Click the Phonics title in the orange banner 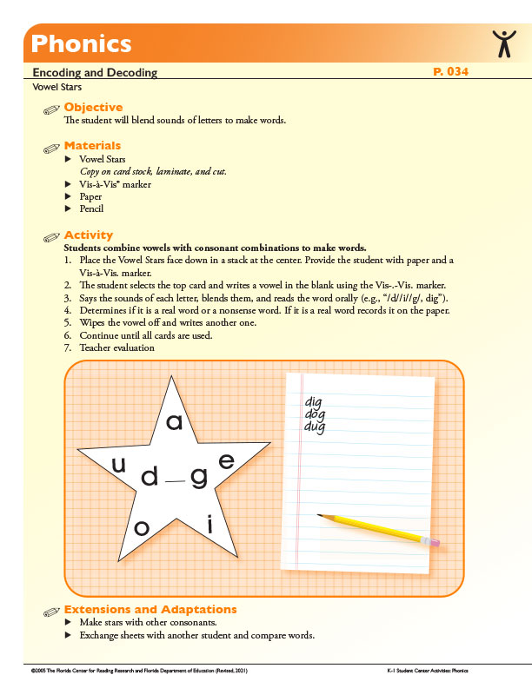point(81,43)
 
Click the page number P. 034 point(450,72)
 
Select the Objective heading point(93,108)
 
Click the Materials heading point(92,146)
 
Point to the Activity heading point(89,235)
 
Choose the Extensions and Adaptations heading point(150,610)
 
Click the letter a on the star point(174,423)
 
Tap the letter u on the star point(118,466)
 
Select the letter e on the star point(226,462)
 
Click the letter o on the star point(142,528)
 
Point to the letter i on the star point(209,523)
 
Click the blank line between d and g point(175,480)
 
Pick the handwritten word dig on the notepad point(314,403)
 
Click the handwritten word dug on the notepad point(315,427)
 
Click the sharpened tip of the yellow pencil point(320,516)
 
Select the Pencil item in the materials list point(91,208)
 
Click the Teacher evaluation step point(116,347)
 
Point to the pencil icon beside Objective point(52,109)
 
